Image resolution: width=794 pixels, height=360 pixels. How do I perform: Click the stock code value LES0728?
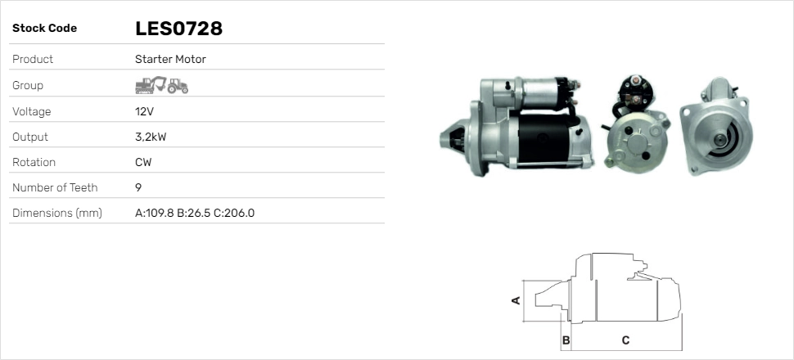[x=178, y=29]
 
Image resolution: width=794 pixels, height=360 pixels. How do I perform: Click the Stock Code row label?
[x=44, y=29]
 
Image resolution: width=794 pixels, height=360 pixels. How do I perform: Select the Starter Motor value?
[x=170, y=59]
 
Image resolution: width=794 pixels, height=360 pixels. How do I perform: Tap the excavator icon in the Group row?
[x=151, y=85]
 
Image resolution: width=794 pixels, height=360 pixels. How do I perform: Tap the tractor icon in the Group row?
[x=178, y=86]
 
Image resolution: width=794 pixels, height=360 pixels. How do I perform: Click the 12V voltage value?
[x=144, y=111]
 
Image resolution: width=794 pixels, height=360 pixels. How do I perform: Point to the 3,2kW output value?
[x=151, y=137]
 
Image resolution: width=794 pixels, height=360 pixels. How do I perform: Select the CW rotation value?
[x=143, y=163]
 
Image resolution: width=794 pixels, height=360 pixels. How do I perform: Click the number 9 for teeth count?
[x=138, y=188]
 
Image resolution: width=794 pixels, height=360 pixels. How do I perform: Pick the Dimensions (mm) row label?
[x=57, y=214]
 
